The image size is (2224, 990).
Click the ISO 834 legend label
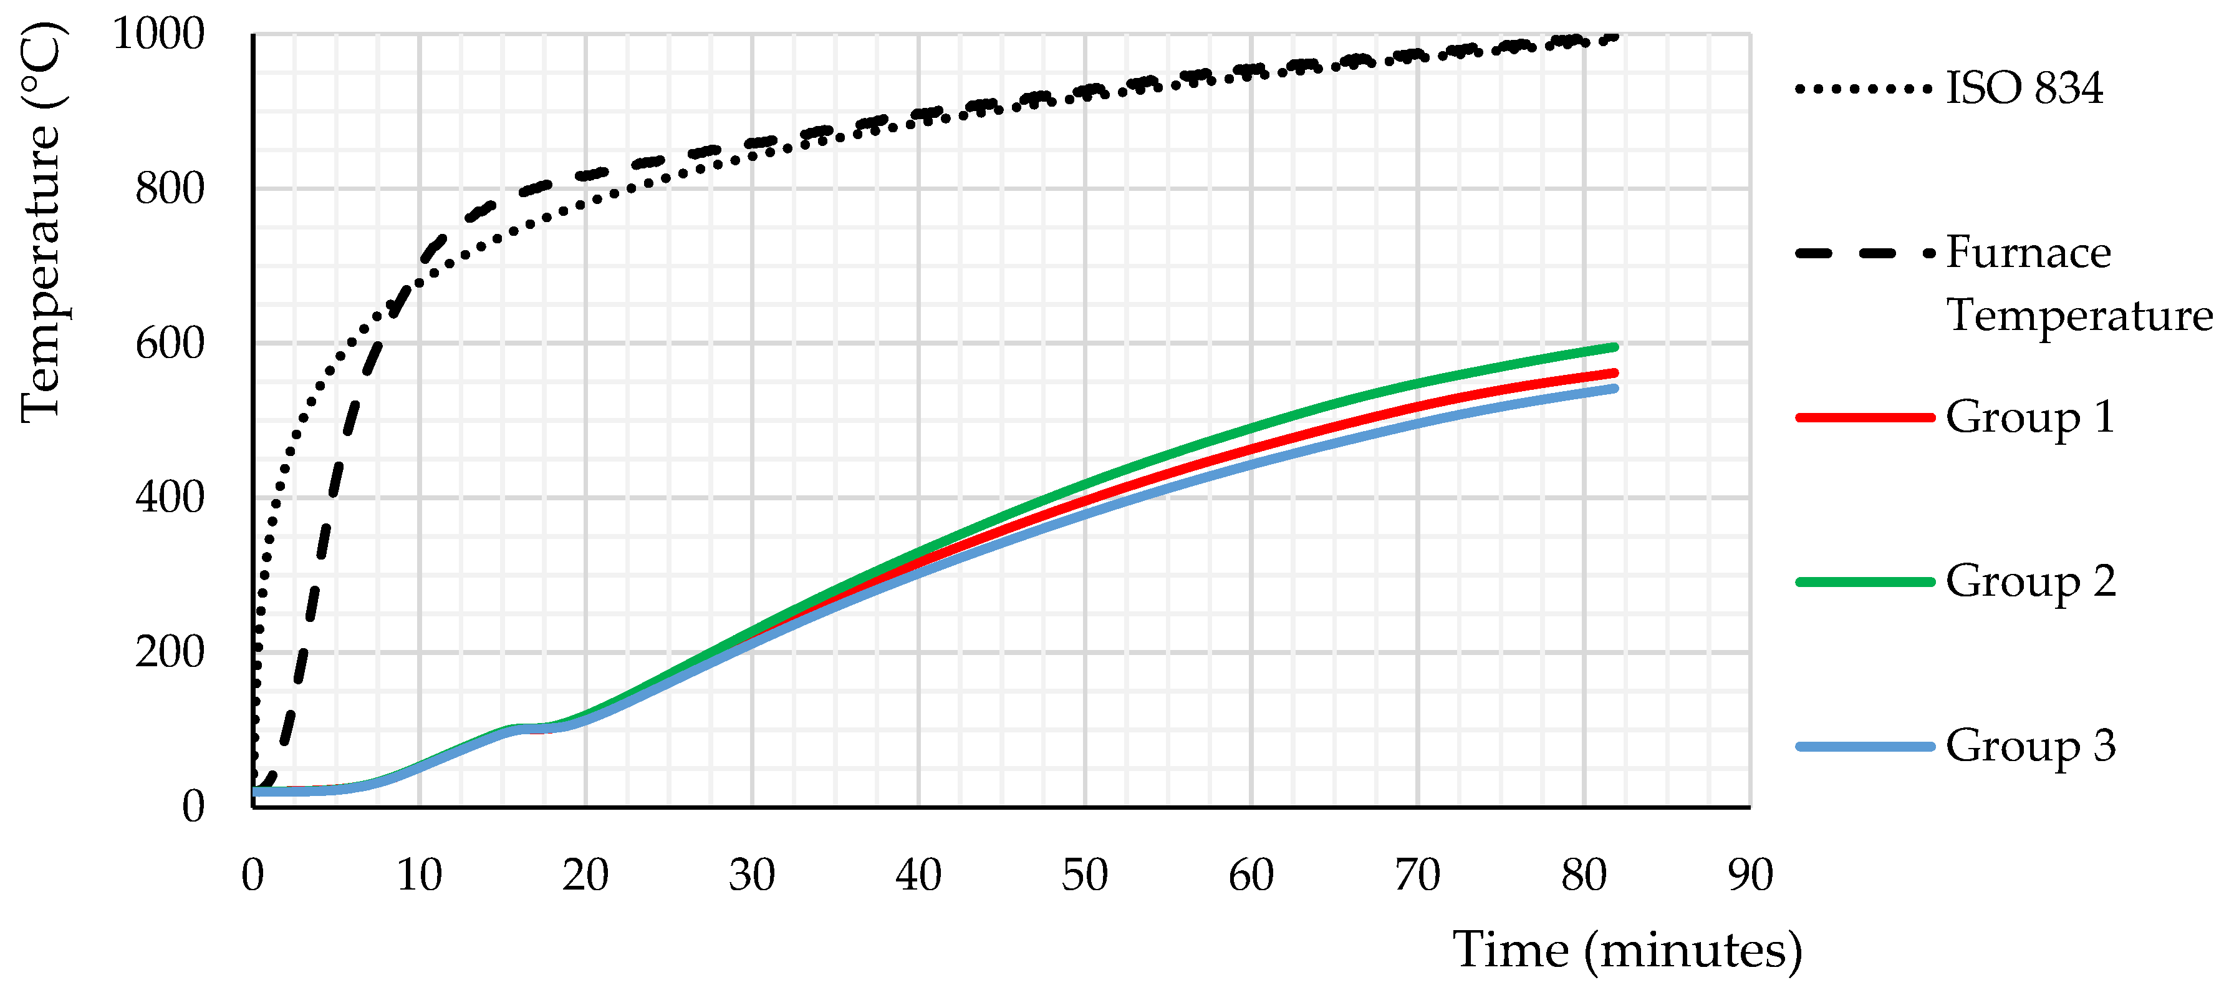click(2024, 88)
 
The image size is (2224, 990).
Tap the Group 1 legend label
click(2029, 417)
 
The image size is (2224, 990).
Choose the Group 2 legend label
click(2029, 581)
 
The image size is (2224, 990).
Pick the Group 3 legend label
click(2029, 745)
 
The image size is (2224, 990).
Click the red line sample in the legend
click(1865, 417)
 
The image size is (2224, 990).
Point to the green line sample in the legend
click(1865, 581)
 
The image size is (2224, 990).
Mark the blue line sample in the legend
click(1865, 745)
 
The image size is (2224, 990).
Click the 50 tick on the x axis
click(1084, 875)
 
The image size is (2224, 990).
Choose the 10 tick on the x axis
click(419, 875)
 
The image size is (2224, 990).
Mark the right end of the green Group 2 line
click(1613, 347)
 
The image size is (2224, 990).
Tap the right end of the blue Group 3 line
click(1613, 389)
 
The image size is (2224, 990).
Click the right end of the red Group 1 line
click(1613, 373)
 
